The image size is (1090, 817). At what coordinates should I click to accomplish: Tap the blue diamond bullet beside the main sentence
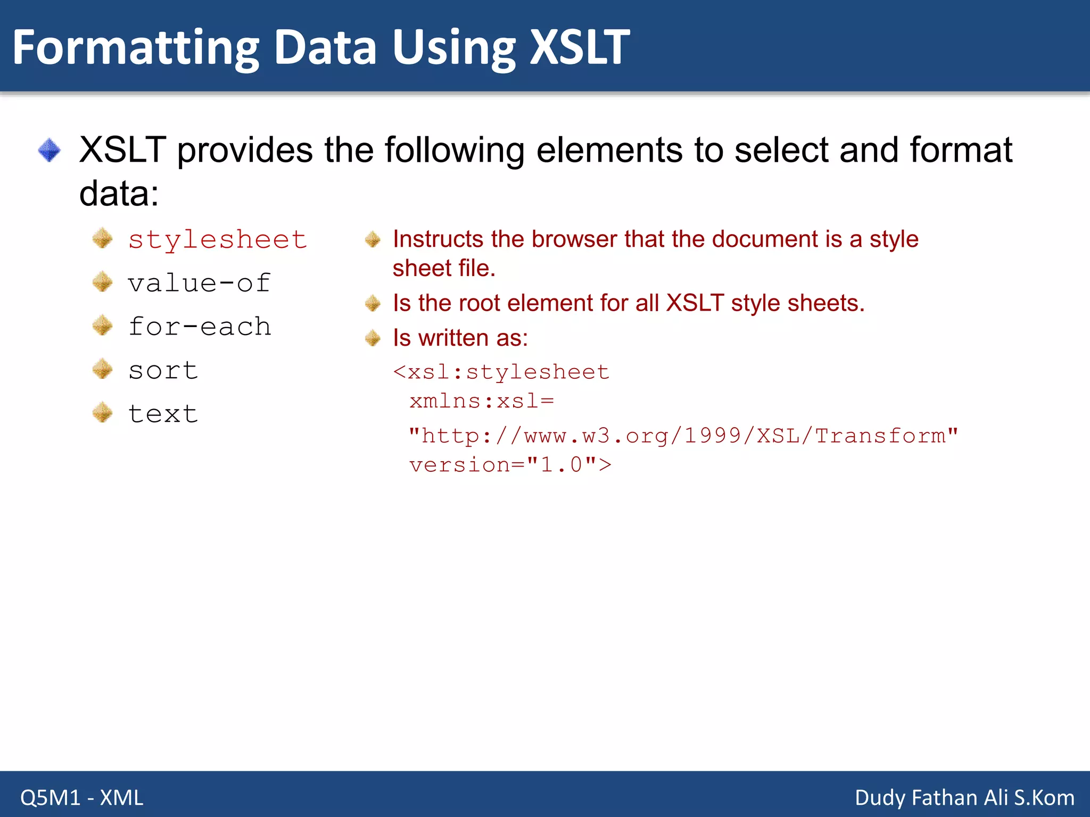click(x=49, y=150)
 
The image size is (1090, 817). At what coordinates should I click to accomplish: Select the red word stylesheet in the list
click(x=217, y=240)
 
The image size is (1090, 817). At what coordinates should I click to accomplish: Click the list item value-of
click(x=199, y=283)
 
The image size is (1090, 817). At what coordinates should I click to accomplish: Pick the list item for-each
click(x=200, y=327)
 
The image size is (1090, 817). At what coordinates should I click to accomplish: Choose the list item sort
click(x=163, y=370)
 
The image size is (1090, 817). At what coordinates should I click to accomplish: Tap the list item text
click(x=163, y=414)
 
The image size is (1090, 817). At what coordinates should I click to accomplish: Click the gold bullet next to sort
click(x=102, y=369)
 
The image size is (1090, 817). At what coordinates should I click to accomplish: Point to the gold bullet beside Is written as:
click(x=373, y=338)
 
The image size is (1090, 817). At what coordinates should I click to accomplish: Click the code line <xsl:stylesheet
click(x=501, y=372)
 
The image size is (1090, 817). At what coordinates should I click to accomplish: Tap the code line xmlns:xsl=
click(x=482, y=401)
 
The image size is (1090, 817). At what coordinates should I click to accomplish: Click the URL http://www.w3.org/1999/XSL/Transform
click(x=683, y=436)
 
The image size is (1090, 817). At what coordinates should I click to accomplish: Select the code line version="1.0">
click(x=510, y=465)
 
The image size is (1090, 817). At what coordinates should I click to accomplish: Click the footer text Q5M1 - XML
click(x=82, y=798)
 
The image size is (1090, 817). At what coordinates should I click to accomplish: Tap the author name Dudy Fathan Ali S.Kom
click(x=964, y=798)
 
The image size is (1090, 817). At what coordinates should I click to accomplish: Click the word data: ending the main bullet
click(x=119, y=194)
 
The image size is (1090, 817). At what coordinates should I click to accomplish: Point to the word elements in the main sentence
click(x=609, y=150)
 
